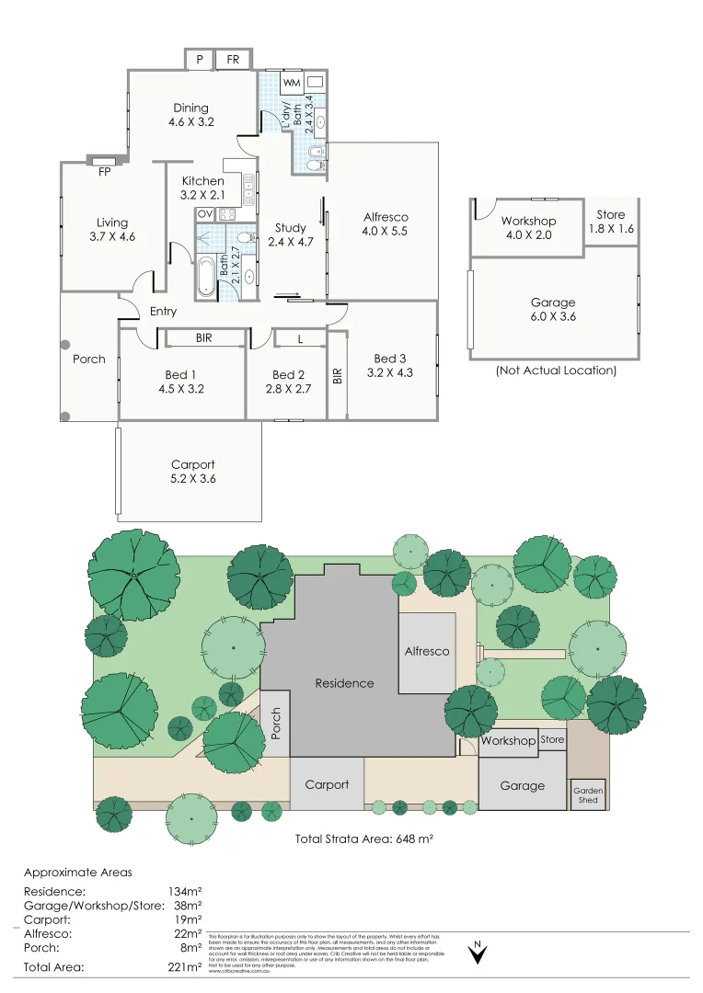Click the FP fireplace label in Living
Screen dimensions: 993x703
coord(103,170)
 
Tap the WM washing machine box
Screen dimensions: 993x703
coord(292,84)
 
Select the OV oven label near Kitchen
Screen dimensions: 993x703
coord(204,214)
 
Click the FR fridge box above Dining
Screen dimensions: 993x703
coord(233,60)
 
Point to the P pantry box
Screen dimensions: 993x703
coord(199,60)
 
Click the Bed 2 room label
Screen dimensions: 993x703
coord(288,375)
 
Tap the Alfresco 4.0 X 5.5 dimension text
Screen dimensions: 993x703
coord(386,232)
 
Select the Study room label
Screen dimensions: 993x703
coord(291,229)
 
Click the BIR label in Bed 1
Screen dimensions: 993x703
coord(204,338)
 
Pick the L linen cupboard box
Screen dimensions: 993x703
coord(300,339)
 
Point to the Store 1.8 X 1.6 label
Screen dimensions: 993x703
coord(610,222)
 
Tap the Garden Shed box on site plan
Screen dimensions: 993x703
coord(587,794)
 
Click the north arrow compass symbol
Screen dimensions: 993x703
coord(478,953)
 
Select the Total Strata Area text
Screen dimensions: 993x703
coord(363,839)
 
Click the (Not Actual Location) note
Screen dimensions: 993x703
coord(555,371)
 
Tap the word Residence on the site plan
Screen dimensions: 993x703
coord(344,683)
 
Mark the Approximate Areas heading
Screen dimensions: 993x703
coord(77,872)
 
